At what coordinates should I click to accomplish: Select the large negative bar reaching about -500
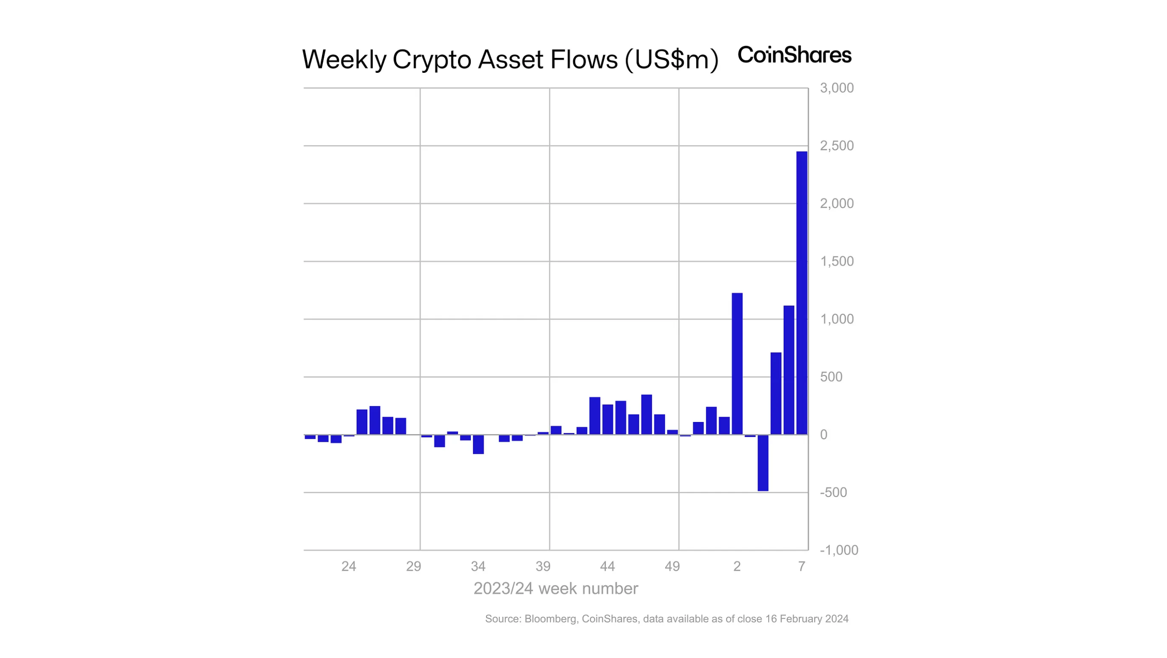pyautogui.click(x=763, y=462)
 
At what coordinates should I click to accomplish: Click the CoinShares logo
pyautogui.click(x=794, y=55)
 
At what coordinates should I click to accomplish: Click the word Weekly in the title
pyautogui.click(x=344, y=59)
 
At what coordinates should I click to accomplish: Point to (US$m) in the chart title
pyautogui.click(x=671, y=59)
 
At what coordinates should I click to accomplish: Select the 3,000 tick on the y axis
pyautogui.click(x=836, y=88)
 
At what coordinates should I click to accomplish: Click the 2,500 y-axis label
pyautogui.click(x=836, y=146)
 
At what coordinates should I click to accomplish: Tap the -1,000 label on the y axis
pyautogui.click(x=838, y=550)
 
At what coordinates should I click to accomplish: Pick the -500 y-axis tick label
pyautogui.click(x=833, y=492)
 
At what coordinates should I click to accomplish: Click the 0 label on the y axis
pyautogui.click(x=823, y=435)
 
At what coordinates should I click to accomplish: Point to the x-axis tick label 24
pyautogui.click(x=348, y=566)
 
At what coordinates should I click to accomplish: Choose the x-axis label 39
pyautogui.click(x=543, y=566)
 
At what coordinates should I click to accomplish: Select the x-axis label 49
pyautogui.click(x=672, y=566)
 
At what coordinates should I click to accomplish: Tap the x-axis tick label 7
pyautogui.click(x=802, y=566)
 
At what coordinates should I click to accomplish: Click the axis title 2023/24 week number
pyautogui.click(x=555, y=589)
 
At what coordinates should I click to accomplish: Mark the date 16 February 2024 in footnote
pyautogui.click(x=806, y=619)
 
